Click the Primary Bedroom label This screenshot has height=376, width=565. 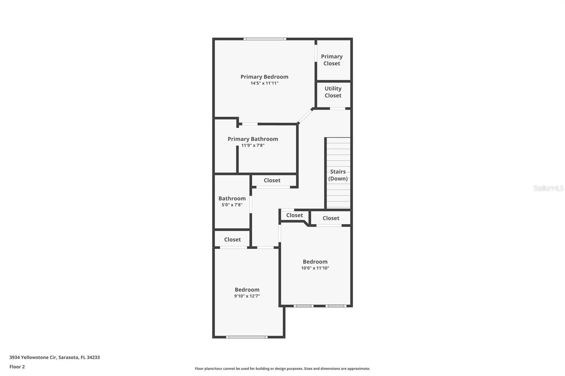264,77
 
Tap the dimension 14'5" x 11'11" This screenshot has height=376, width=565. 264,83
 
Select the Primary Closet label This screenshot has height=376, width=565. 332,60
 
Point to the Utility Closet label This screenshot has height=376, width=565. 333,92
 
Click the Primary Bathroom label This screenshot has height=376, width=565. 253,139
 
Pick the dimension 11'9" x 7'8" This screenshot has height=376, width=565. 253,145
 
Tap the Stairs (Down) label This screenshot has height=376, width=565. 338,175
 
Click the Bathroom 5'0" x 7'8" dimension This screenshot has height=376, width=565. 232,205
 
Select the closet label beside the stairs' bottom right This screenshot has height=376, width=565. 331,218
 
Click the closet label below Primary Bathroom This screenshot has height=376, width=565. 272,180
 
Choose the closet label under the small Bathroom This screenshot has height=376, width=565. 232,239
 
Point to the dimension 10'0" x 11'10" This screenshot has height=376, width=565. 315,268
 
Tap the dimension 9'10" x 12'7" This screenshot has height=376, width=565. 247,296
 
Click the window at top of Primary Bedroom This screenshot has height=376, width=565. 264,39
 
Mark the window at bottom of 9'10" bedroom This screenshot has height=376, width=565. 246,337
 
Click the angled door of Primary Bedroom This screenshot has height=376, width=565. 306,116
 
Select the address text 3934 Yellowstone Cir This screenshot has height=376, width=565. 54,357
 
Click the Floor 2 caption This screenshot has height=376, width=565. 17,367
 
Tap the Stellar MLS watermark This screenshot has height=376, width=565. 548,188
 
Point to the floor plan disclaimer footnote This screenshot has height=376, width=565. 282,369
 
